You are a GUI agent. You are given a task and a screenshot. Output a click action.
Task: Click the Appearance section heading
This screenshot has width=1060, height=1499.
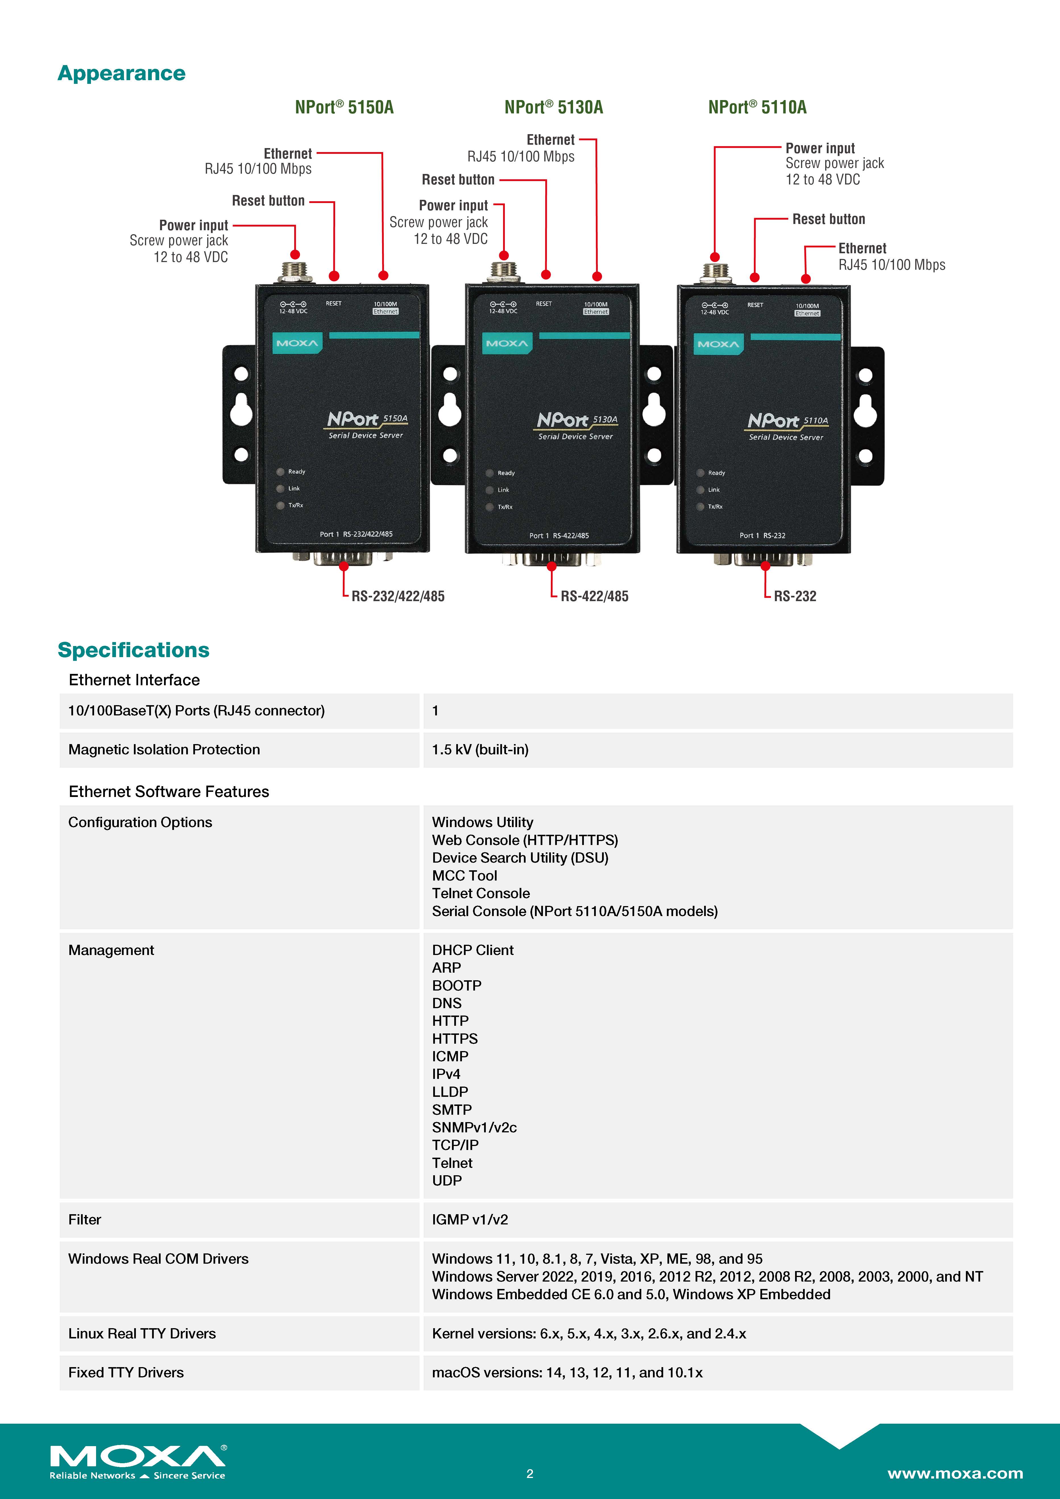pyautogui.click(x=121, y=73)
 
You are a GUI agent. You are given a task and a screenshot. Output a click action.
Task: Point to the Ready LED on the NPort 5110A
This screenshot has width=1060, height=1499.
pyautogui.click(x=701, y=473)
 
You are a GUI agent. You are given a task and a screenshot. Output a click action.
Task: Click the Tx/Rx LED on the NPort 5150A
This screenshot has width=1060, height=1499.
pyautogui.click(x=280, y=505)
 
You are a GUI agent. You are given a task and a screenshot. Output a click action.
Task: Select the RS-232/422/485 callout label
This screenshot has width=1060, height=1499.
pyautogui.click(x=398, y=596)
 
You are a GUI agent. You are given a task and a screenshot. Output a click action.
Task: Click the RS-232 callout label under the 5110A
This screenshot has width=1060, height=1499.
pyautogui.click(x=795, y=596)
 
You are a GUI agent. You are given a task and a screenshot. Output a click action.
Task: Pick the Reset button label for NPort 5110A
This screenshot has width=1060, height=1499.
pyautogui.click(x=828, y=219)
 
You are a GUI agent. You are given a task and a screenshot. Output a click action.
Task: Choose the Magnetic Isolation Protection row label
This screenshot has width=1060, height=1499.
pyautogui.click(x=164, y=749)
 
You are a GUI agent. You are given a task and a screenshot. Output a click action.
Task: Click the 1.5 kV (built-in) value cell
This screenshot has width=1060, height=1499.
pyautogui.click(x=480, y=749)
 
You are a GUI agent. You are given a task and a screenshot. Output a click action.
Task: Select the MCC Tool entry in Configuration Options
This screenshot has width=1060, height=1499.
pyautogui.click(x=464, y=875)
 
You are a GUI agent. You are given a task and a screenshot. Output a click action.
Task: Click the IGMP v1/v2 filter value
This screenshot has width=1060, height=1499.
pyautogui.click(x=470, y=1220)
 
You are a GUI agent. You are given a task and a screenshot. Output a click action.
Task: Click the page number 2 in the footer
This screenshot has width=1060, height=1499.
pyautogui.click(x=530, y=1473)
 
